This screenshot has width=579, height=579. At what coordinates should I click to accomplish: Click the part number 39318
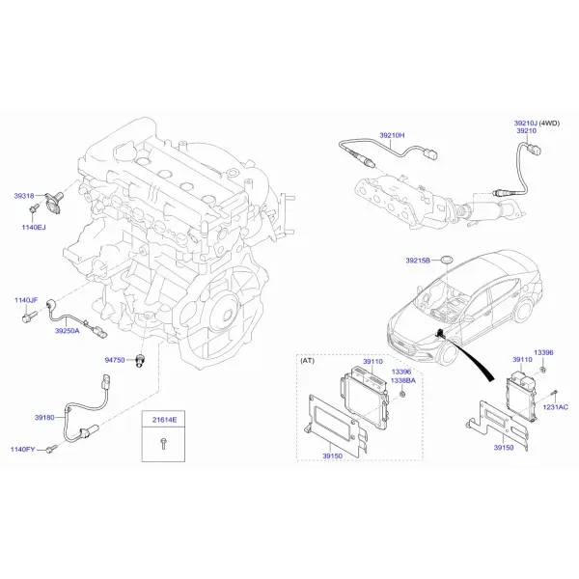tap(24, 196)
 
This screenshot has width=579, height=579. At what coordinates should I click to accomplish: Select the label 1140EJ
tap(34, 227)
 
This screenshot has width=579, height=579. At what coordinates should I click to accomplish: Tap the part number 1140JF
tap(26, 300)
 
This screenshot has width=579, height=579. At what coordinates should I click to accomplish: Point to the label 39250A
tap(68, 331)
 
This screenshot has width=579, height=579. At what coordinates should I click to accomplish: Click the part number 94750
tap(115, 360)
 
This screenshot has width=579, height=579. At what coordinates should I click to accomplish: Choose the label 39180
tap(44, 418)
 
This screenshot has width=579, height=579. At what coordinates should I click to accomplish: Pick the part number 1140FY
tap(22, 450)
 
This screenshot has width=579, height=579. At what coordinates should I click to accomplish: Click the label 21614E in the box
tap(165, 420)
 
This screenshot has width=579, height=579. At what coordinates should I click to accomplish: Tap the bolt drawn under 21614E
tap(163, 444)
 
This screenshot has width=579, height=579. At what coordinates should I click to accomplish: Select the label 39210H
tap(392, 135)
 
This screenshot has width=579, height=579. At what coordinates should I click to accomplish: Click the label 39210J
tap(526, 123)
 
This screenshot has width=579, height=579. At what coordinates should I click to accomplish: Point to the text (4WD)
tap(549, 123)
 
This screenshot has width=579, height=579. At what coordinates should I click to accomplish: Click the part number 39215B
tap(418, 261)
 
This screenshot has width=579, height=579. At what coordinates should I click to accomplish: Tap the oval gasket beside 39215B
tap(447, 261)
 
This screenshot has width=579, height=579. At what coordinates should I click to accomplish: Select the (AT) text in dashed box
tap(307, 360)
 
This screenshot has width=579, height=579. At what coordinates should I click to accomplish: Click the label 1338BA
tap(403, 380)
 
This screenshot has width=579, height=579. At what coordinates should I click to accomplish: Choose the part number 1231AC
tap(556, 407)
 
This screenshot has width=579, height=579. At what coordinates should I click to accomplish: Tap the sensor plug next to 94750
tap(140, 360)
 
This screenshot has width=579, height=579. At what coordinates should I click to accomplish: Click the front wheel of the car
tap(450, 353)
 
